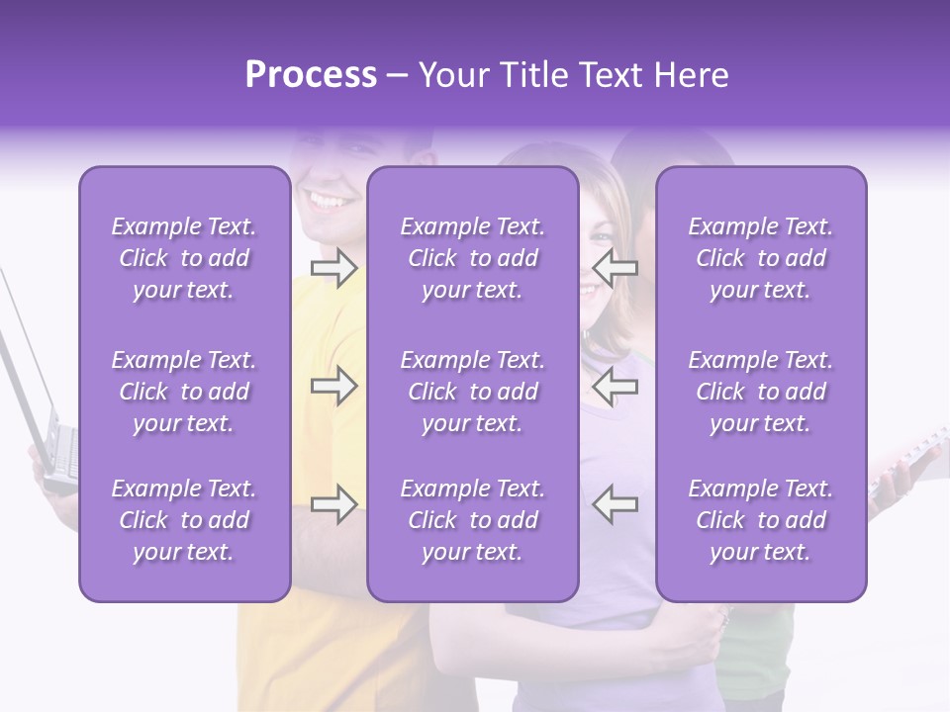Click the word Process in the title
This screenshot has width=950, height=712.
coord(311,75)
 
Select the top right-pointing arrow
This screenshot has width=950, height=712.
coord(333,268)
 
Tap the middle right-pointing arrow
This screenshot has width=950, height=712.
coord(333,386)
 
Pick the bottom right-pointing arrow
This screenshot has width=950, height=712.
coord(333,504)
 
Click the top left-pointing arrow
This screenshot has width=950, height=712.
coord(615,268)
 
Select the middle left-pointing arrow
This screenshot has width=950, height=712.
coord(615,386)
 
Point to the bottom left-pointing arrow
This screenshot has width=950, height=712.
coord(615,504)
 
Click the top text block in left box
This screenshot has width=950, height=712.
coord(184,258)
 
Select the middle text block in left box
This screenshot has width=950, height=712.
coord(184,392)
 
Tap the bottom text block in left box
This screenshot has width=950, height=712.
coord(184,520)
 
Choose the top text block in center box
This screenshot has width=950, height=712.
coord(472,258)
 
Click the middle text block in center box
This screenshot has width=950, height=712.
coord(472,392)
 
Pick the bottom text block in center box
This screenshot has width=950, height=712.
coord(472,520)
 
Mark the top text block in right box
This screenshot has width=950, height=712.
coord(760,258)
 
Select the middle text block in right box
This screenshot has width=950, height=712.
coord(760,392)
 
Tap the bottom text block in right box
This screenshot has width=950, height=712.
coord(760,520)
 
